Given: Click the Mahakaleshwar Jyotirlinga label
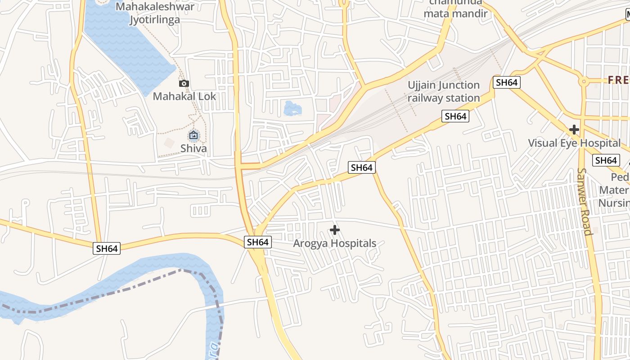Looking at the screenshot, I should point(155,13).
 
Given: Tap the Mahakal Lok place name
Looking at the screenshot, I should point(184,96).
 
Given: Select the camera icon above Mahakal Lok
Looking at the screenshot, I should point(184,83).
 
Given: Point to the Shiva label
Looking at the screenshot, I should point(193,148).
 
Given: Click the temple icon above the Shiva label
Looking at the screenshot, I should point(193,135).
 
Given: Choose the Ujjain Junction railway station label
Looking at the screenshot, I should point(444,91).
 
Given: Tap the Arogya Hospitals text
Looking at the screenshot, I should point(334,243).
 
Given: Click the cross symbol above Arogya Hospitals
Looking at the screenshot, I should point(334,230).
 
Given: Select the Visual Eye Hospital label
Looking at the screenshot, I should point(574,143).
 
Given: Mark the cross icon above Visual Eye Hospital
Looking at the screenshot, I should point(574,130).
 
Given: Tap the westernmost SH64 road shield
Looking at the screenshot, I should point(107,248).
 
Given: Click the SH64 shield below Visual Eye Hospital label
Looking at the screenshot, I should point(605,160).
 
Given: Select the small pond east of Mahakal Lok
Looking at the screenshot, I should point(292,108).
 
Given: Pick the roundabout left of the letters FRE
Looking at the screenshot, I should point(584,81).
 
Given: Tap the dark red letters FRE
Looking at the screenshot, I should point(618,81).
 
